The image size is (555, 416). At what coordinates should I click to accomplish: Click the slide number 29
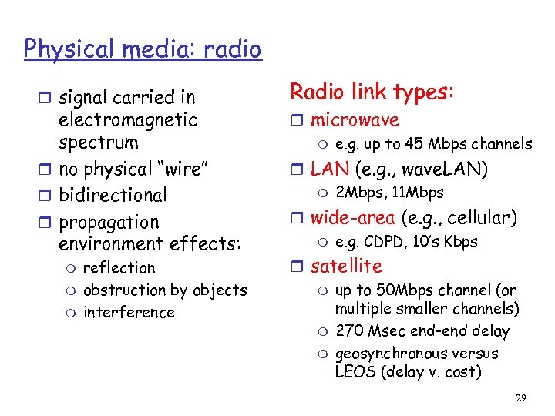tap(520, 398)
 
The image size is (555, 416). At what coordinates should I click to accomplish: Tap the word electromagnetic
tap(128, 120)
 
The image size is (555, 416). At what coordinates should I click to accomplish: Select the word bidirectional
tap(113, 195)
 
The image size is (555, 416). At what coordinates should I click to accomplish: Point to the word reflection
tap(119, 267)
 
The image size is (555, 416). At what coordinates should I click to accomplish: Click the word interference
tap(129, 312)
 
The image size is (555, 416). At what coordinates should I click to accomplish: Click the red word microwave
tap(355, 120)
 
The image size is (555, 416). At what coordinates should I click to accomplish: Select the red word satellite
tap(346, 266)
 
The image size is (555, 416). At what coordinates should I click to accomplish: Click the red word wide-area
tap(351, 218)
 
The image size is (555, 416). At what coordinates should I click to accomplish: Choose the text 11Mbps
tap(418, 193)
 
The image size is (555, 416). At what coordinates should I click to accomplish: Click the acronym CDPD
tap(382, 242)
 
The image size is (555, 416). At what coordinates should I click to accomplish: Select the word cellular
tap(483, 218)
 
